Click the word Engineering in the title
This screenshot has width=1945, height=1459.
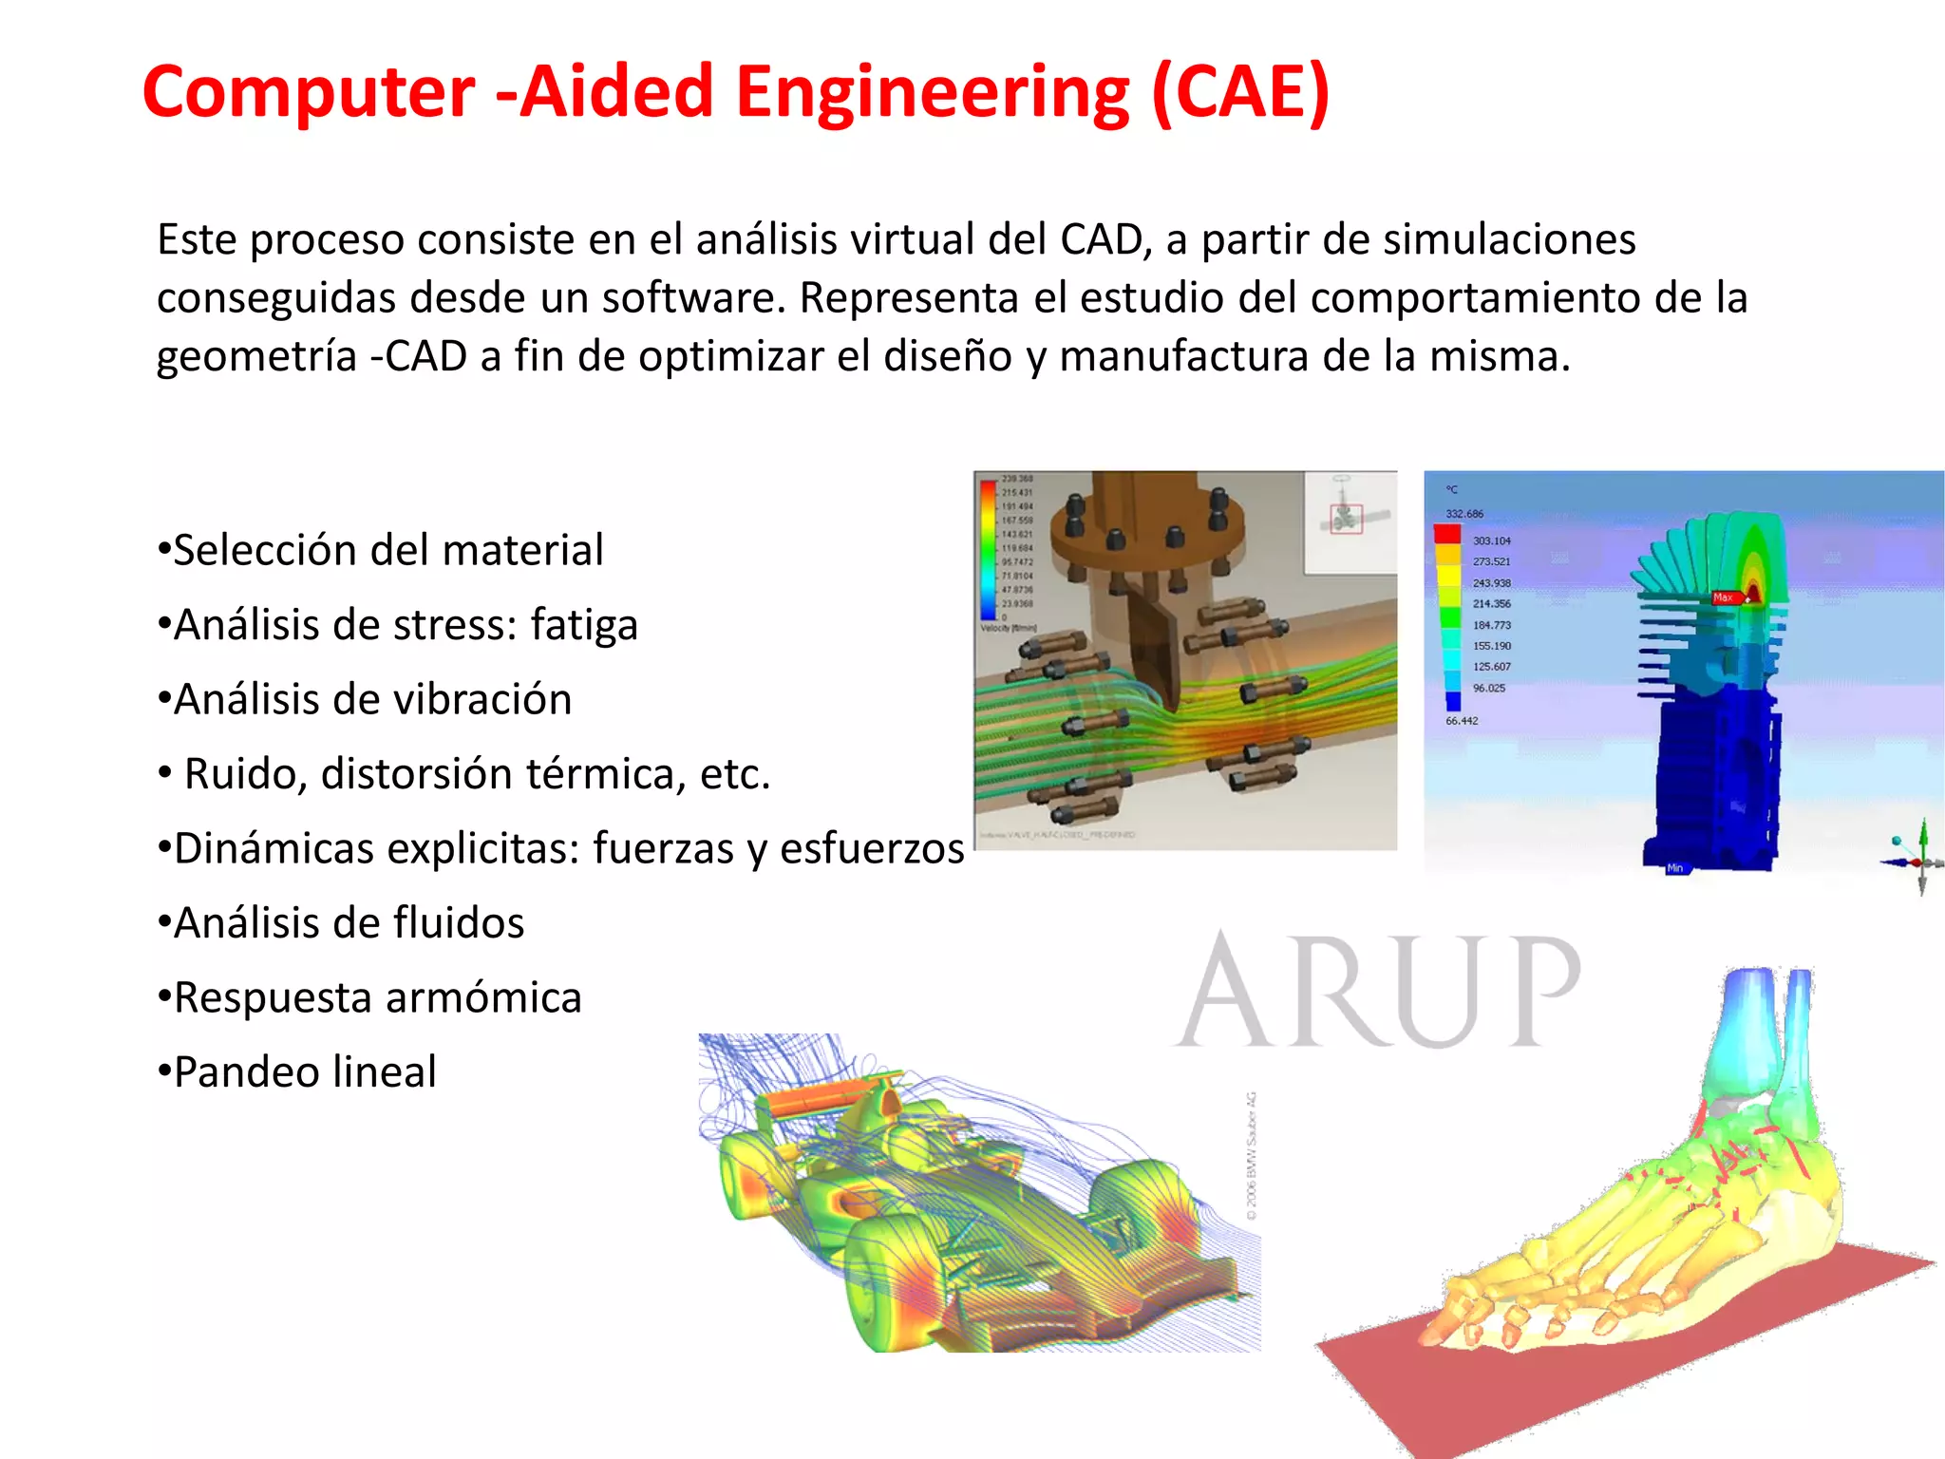pos(933,92)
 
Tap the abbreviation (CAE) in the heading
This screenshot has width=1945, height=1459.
pos(1240,92)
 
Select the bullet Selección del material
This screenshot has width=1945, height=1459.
pos(380,550)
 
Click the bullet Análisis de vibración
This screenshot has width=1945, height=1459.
pos(365,699)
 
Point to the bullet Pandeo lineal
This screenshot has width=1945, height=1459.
pos(297,1071)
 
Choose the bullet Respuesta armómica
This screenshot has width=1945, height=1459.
pos(369,997)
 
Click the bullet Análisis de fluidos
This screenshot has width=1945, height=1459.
pos(341,922)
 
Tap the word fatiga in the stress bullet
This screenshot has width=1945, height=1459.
pos(584,625)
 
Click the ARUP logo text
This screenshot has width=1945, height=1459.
pos(1377,991)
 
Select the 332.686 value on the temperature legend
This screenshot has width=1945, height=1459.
pos(1463,514)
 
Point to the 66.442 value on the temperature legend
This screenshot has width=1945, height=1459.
pos(1462,721)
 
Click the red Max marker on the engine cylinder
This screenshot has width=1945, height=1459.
pos(1724,597)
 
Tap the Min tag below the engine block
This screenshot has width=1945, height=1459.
pos(1675,868)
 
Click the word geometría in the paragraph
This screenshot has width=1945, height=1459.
pos(256,357)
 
